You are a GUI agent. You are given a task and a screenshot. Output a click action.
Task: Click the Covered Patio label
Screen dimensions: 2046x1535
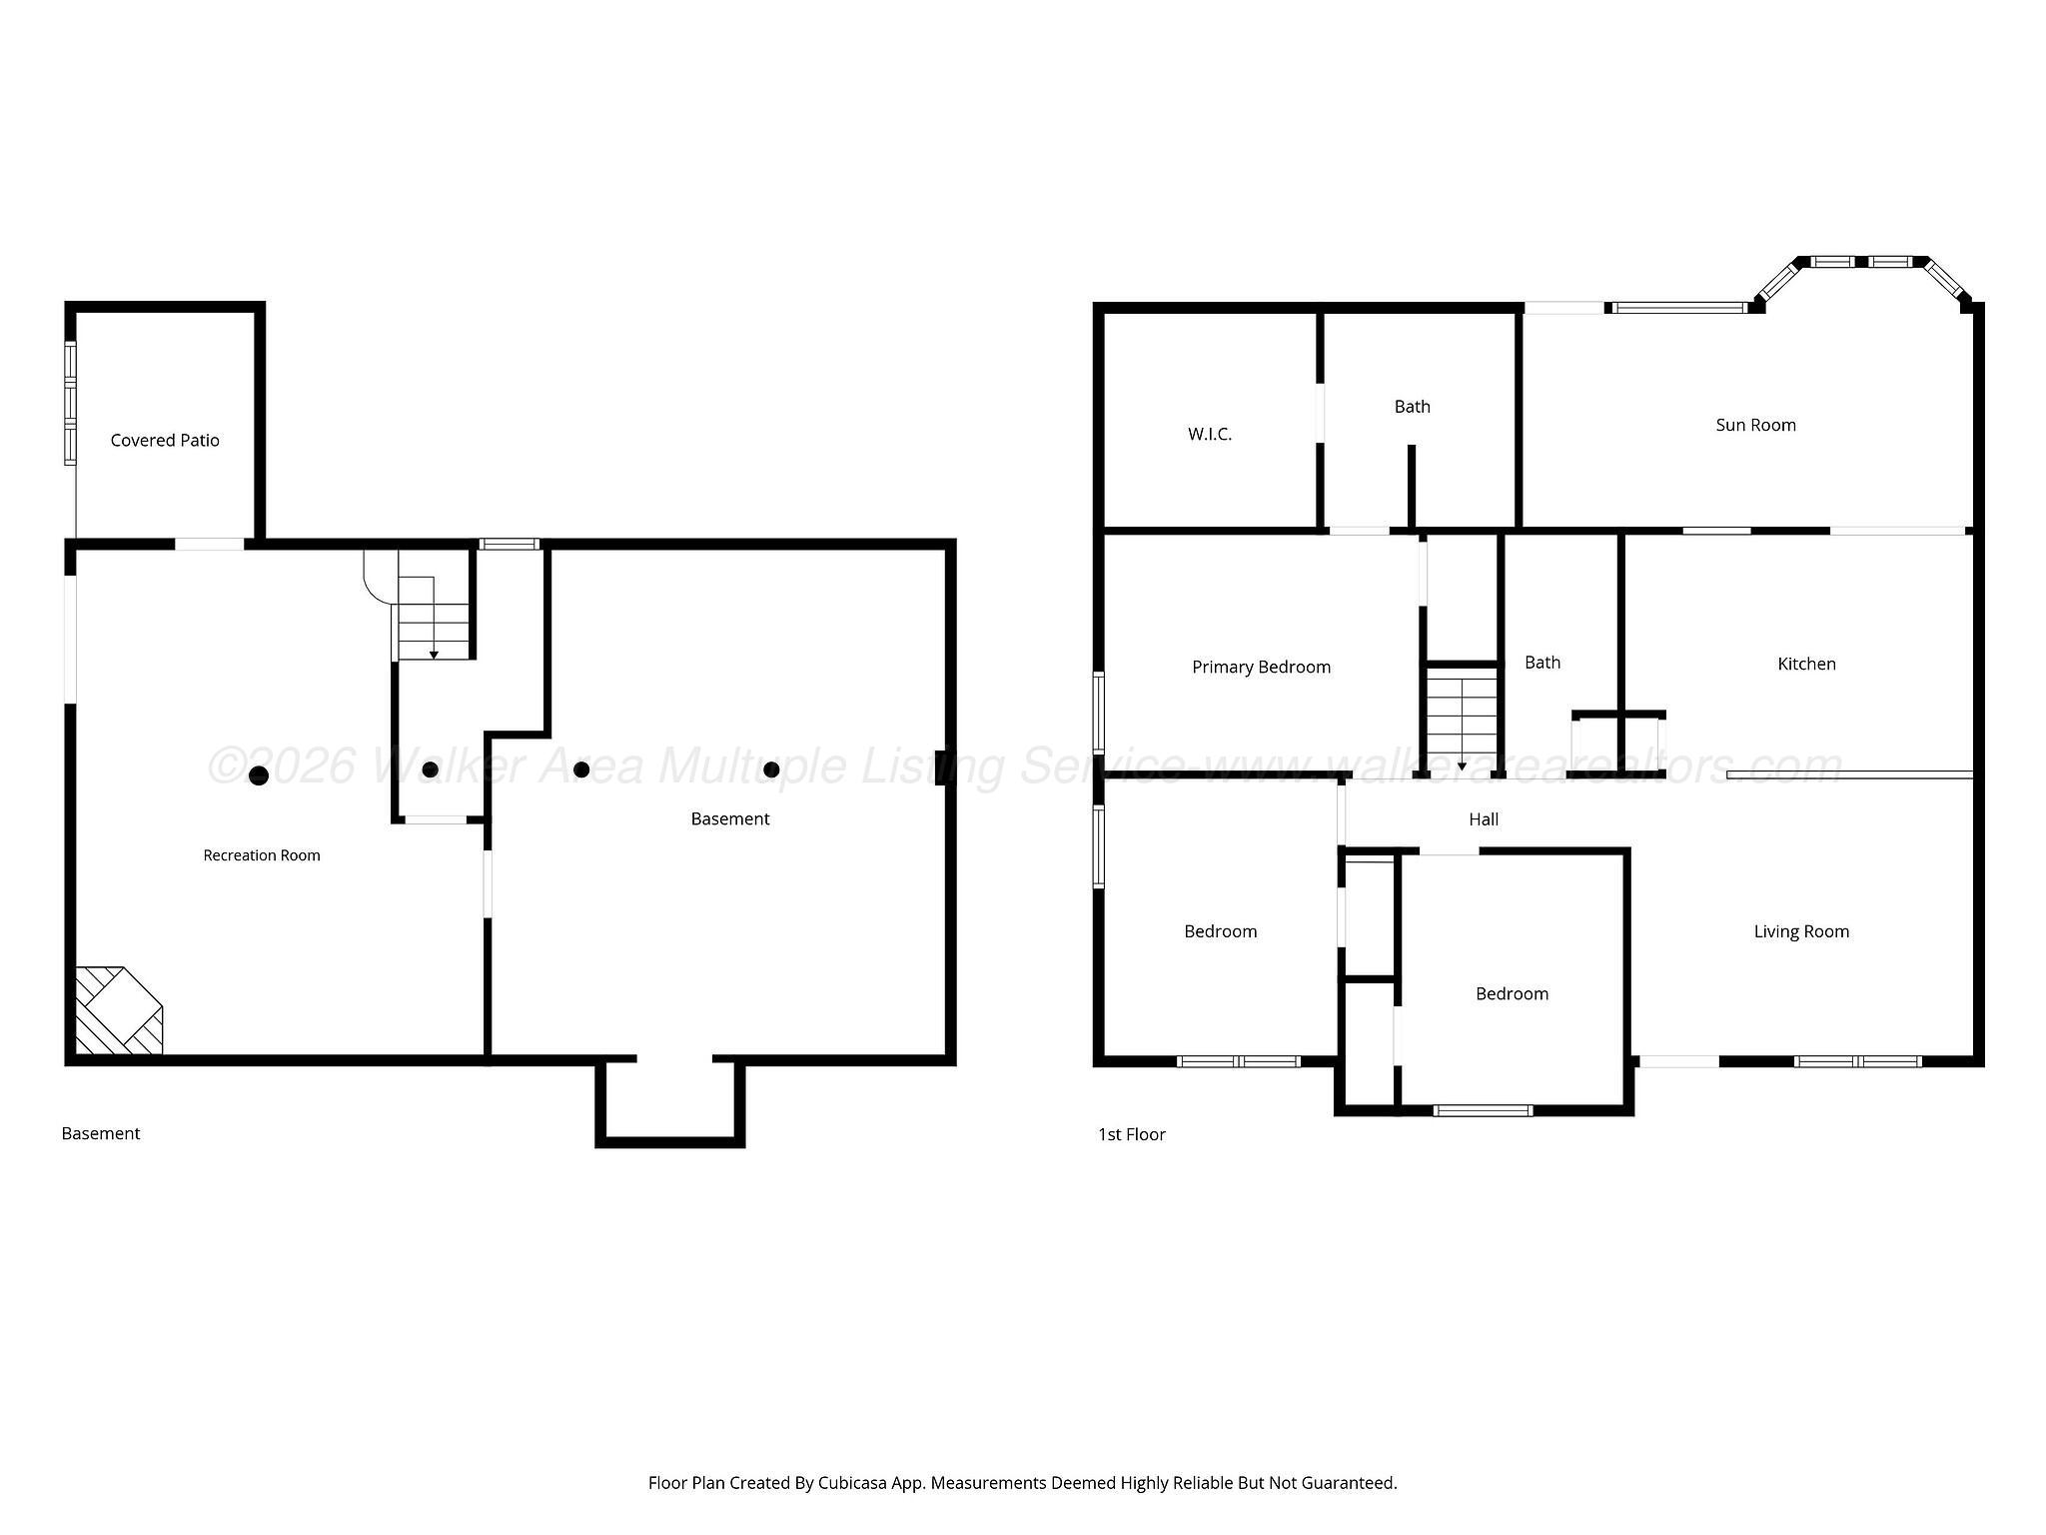[x=165, y=441]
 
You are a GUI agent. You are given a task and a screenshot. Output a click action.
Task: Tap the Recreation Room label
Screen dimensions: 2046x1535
[x=262, y=855]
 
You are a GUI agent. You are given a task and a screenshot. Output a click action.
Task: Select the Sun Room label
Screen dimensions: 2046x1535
[x=1755, y=425]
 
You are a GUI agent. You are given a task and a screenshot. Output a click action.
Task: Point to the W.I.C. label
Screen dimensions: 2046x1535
[x=1210, y=434]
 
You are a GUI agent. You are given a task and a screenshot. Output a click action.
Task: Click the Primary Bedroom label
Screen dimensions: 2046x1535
[x=1261, y=668]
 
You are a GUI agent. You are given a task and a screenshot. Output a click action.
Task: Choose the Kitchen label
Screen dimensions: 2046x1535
[x=1806, y=664]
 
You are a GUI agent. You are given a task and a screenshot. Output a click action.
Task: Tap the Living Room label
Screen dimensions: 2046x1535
[x=1801, y=931]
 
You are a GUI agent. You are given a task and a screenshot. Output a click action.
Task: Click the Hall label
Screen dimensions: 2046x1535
[x=1484, y=819]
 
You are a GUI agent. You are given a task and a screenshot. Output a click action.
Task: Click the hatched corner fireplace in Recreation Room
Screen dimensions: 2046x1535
[x=119, y=1009]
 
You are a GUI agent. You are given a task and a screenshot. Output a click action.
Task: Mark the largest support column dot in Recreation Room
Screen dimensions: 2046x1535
[x=259, y=775]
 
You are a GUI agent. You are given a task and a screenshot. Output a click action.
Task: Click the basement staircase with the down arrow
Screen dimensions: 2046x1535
[x=434, y=618]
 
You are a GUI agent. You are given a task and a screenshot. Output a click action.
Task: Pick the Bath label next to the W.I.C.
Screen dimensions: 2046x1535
[x=1412, y=407]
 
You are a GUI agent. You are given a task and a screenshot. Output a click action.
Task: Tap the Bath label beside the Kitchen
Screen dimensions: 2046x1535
[x=1541, y=663]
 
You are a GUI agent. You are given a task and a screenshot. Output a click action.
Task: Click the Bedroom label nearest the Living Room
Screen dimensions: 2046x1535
[x=1512, y=993]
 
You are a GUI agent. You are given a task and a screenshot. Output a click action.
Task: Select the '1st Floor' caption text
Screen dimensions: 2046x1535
[x=1131, y=1134]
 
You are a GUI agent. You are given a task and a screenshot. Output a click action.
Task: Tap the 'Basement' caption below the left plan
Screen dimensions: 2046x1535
[x=101, y=1133]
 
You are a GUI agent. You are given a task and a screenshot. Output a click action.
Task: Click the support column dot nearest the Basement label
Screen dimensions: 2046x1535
[x=771, y=769]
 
